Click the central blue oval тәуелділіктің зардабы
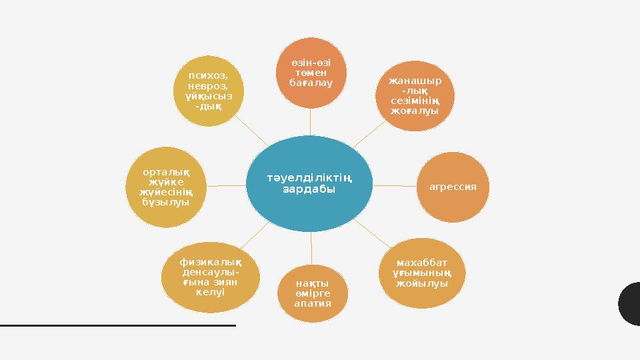(x=309, y=184)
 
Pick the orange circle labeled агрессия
(x=453, y=187)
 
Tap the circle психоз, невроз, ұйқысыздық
(x=208, y=91)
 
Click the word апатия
(x=312, y=304)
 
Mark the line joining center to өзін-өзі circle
(x=311, y=121)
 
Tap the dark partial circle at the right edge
(x=629, y=303)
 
